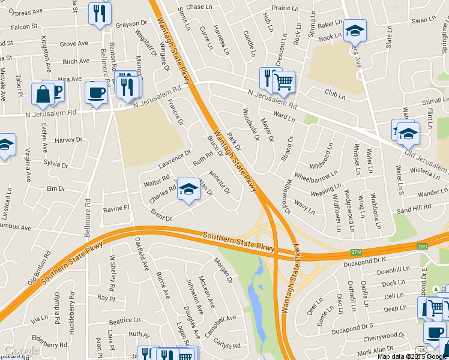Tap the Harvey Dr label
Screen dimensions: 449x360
coord(68,140)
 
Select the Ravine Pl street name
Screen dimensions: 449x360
coord(116,208)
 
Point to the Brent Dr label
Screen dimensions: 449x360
coord(161,215)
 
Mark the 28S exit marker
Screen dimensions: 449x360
coord(423,246)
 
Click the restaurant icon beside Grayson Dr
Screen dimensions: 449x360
coord(99,13)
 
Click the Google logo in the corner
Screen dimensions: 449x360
coord(21,350)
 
